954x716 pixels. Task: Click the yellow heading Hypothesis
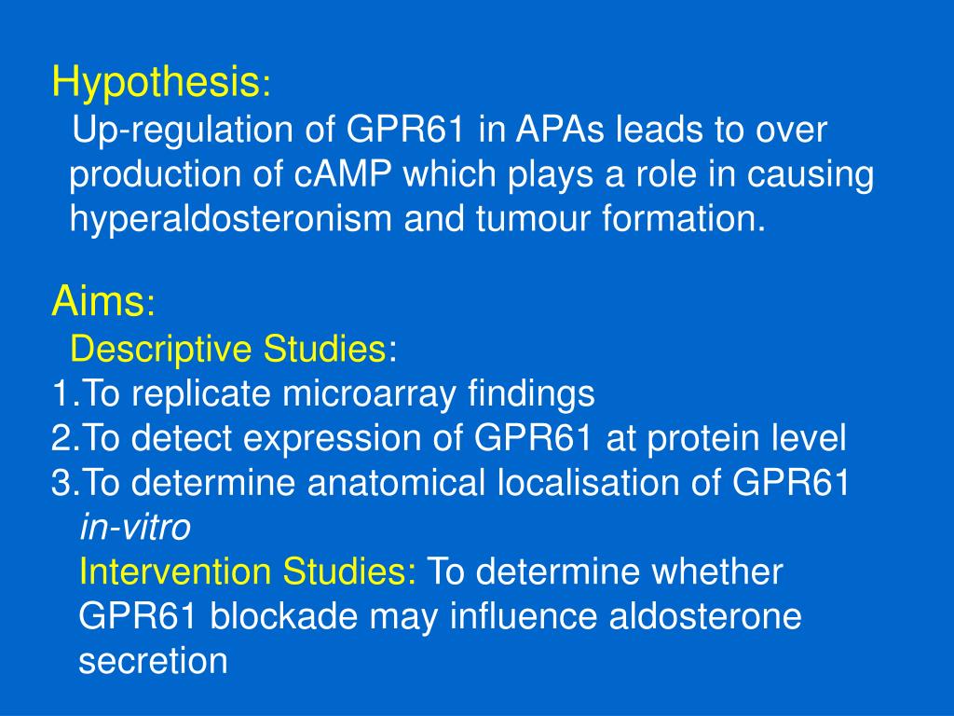point(156,84)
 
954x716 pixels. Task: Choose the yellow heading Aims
point(98,301)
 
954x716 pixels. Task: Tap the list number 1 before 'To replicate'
point(60,394)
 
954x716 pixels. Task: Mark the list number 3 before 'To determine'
point(61,483)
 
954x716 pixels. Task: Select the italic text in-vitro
point(135,528)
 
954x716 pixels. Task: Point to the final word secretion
point(154,661)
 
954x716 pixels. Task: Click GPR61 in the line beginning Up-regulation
point(408,131)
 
